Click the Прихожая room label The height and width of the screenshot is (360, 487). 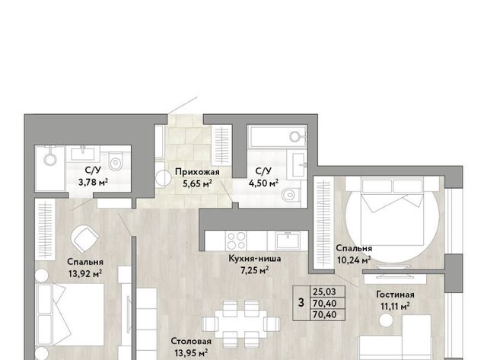tap(197, 172)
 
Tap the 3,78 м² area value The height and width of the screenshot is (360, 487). tap(93, 182)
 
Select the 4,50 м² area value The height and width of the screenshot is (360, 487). tap(263, 183)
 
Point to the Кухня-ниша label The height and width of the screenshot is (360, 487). tap(255, 259)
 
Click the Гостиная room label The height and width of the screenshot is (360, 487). tap(395, 294)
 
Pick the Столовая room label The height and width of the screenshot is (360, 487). tap(191, 342)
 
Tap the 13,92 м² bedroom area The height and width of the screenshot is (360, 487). tap(85, 274)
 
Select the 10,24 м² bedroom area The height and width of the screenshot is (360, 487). tap(354, 260)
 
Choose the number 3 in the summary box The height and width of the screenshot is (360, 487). tap(301, 302)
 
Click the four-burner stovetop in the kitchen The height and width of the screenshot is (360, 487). tap(237, 241)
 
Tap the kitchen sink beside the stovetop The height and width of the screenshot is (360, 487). tap(288, 241)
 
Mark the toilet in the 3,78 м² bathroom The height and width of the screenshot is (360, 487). tap(115, 161)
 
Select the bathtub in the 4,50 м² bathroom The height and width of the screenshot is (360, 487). tap(277, 136)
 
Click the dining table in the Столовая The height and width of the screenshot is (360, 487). tap(240, 323)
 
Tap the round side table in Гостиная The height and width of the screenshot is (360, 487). tap(386, 320)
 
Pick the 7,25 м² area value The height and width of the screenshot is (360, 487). tap(255, 270)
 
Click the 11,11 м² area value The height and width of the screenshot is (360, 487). tap(395, 307)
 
